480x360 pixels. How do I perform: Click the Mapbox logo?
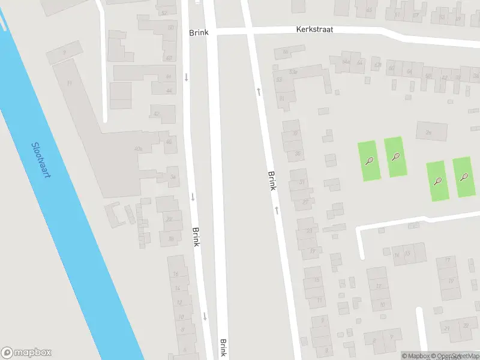(26, 353)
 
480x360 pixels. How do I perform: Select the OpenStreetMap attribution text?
(459, 356)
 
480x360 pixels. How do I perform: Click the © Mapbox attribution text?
(415, 356)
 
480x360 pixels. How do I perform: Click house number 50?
(170, 28)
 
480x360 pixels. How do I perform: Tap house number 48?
(169, 58)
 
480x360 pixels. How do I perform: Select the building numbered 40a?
(139, 148)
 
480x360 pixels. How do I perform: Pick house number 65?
(369, 10)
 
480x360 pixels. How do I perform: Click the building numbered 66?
(286, 52)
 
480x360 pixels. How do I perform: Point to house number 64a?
(345, 62)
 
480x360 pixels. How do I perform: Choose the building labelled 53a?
(293, 72)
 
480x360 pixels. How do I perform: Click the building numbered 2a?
(428, 132)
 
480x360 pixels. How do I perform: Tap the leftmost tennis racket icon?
(369, 161)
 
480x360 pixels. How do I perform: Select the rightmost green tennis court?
(464, 177)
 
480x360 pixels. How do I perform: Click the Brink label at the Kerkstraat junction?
(199, 32)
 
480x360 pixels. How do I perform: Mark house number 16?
(176, 274)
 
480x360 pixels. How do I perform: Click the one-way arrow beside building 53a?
(259, 91)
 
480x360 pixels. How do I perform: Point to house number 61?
(397, 14)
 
